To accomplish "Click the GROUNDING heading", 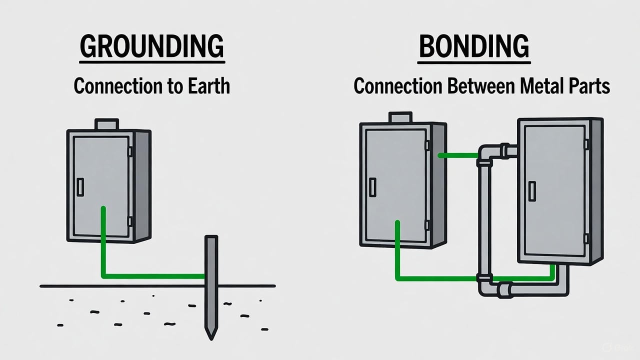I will (x=152, y=47).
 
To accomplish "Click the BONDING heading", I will (x=473, y=47).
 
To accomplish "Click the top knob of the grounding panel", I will (x=106, y=123).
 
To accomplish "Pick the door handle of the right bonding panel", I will (x=532, y=191).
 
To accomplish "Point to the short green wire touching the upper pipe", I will (x=457, y=155).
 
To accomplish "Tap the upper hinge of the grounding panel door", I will (x=130, y=151).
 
